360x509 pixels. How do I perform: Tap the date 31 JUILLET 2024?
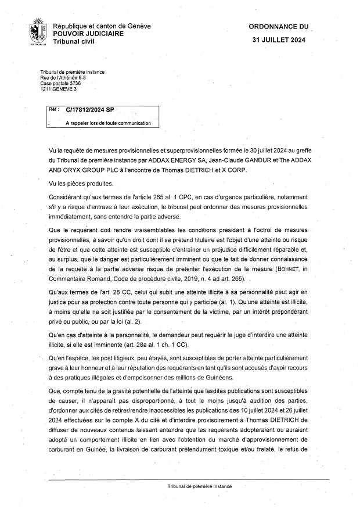pyautogui.click(x=278, y=41)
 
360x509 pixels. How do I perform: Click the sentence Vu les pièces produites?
pyautogui.click(x=82, y=184)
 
